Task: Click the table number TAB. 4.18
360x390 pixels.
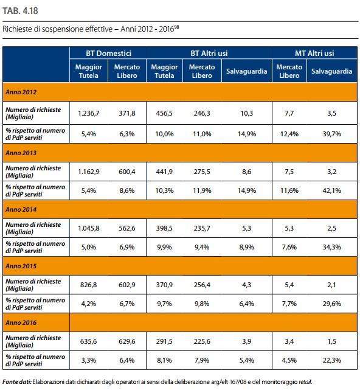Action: [20, 11]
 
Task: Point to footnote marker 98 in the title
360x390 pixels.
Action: [176, 27]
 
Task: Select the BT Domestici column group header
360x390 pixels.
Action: [109, 53]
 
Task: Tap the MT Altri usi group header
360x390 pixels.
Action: [314, 53]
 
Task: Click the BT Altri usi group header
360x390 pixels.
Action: [209, 53]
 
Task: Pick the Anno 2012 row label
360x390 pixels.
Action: [21, 92]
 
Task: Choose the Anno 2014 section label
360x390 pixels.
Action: [21, 209]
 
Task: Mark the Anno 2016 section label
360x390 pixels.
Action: [21, 322]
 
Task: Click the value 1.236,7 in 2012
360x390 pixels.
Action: [89, 113]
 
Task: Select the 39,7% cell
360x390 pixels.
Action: [331, 134]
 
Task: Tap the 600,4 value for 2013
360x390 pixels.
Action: [127, 172]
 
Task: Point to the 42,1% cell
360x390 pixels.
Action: [331, 190]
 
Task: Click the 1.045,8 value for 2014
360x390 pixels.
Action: [89, 228]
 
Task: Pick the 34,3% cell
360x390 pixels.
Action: [331, 247]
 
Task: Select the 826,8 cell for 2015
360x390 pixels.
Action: [89, 285]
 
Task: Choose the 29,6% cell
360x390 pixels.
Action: [331, 304]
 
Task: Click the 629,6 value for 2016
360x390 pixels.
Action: [127, 341]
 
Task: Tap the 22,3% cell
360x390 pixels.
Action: [331, 360]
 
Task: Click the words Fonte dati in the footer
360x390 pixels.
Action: [17, 382]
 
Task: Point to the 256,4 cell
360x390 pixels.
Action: [202, 285]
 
